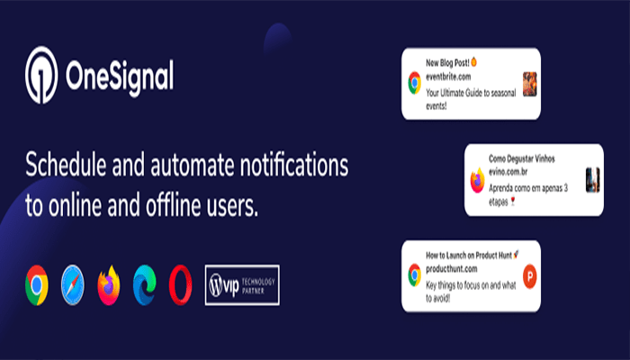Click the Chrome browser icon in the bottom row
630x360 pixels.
(37, 285)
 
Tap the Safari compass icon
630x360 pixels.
(75, 286)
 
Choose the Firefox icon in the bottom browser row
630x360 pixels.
(110, 285)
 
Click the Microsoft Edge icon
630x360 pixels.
(145, 285)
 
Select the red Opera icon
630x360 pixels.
(179, 285)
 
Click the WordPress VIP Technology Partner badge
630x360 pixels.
(242, 284)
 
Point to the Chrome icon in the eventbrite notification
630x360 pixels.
(414, 85)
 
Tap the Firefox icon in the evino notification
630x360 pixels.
(477, 180)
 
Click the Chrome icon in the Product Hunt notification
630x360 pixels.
(414, 275)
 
